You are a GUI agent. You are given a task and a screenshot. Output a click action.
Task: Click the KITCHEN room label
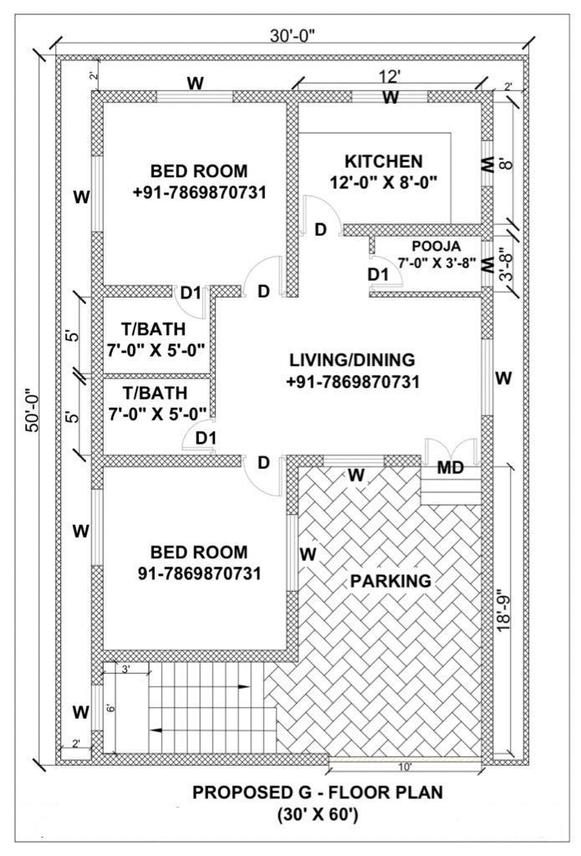pyautogui.click(x=384, y=161)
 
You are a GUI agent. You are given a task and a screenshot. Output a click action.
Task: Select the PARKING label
pyautogui.click(x=390, y=581)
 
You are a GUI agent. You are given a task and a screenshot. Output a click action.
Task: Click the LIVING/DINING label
pyautogui.click(x=352, y=359)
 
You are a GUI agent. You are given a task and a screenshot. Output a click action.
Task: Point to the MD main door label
pyautogui.click(x=451, y=468)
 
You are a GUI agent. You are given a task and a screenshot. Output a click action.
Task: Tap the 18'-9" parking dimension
pyautogui.click(x=505, y=609)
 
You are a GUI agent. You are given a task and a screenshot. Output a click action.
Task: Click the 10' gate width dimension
pyautogui.click(x=405, y=767)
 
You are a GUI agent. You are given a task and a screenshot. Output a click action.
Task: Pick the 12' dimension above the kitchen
pyautogui.click(x=390, y=76)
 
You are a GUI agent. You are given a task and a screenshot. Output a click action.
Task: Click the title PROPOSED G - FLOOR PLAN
pyautogui.click(x=318, y=792)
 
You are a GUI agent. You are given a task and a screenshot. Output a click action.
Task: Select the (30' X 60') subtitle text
pyautogui.click(x=318, y=815)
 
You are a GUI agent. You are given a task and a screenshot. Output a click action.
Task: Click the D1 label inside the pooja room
pyautogui.click(x=377, y=274)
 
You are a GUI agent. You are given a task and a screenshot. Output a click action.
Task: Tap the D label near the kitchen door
pyautogui.click(x=320, y=230)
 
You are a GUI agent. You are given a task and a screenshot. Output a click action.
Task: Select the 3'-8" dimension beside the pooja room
pyautogui.click(x=507, y=265)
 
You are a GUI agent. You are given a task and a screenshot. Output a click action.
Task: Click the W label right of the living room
pyautogui.click(x=503, y=378)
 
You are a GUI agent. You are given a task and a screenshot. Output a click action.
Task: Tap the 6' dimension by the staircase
pyautogui.click(x=110, y=708)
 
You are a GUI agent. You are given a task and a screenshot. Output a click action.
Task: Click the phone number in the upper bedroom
pyautogui.click(x=199, y=193)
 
